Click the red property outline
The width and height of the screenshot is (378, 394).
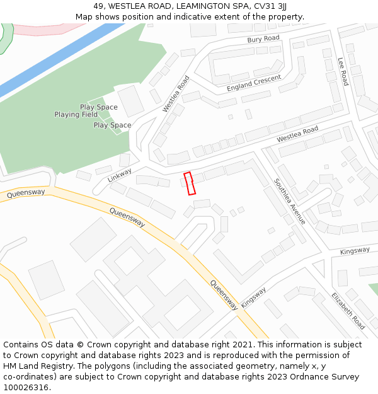click(x=190, y=183)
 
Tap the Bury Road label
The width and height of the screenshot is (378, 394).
click(x=263, y=39)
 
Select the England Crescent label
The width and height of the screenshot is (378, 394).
click(x=254, y=83)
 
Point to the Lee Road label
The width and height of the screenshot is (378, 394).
click(x=343, y=71)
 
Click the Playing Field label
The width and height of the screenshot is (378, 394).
click(x=76, y=115)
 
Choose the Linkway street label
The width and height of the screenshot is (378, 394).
click(x=120, y=175)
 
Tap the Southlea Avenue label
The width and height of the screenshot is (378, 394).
click(x=289, y=201)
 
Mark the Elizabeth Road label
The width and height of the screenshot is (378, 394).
click(x=348, y=311)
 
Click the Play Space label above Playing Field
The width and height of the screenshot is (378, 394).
click(x=98, y=107)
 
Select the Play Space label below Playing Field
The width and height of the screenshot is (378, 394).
click(x=112, y=125)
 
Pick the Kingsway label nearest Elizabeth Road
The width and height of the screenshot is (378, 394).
click(x=355, y=251)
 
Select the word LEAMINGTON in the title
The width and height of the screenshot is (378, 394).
click(x=207, y=6)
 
